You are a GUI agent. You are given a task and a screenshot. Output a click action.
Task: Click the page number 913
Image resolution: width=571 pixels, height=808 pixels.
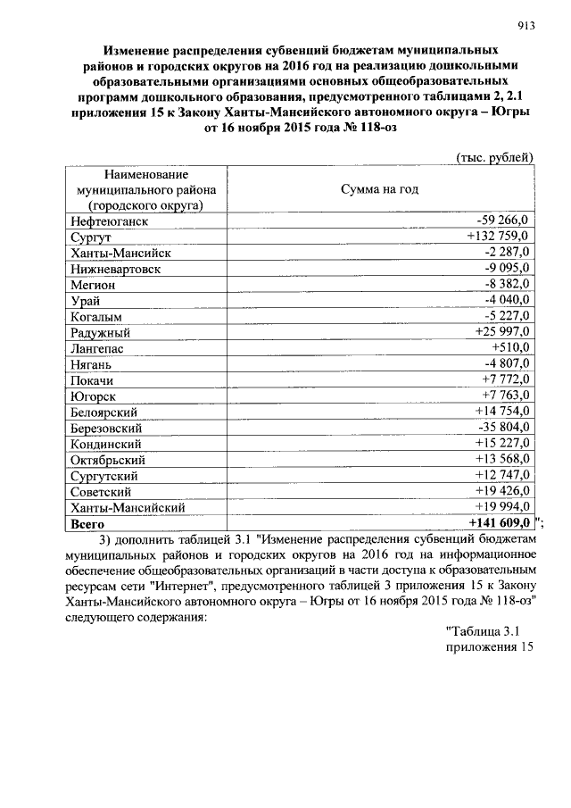(x=525, y=26)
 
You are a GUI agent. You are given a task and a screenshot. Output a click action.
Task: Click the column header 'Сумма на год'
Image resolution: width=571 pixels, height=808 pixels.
(x=379, y=189)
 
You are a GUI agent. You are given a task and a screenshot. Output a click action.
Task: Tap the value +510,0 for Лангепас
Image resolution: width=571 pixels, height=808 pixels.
(x=511, y=348)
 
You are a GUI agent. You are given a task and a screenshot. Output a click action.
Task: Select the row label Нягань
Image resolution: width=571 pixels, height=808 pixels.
(x=90, y=364)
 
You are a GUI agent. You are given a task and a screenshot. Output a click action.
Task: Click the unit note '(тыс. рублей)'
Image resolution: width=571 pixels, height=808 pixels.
(x=494, y=157)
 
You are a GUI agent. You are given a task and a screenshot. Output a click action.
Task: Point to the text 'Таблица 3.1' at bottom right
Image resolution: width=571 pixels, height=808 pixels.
(x=483, y=633)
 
